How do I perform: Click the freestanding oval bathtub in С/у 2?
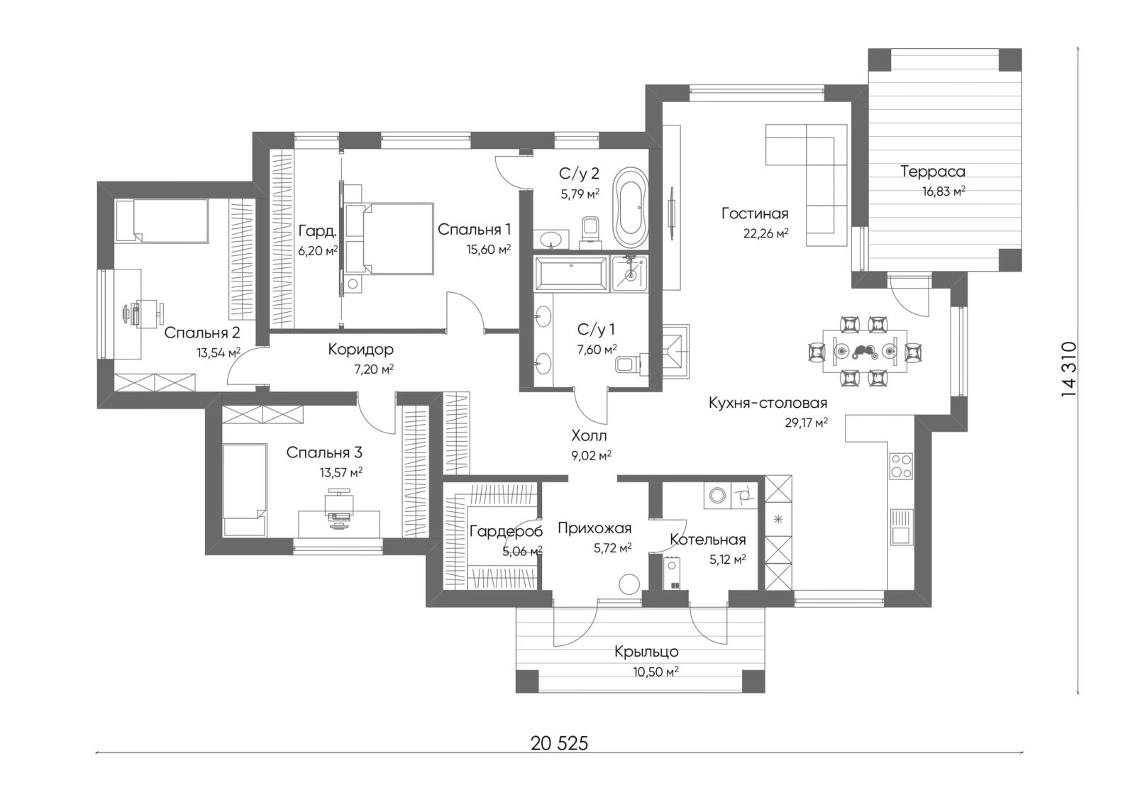(631, 207)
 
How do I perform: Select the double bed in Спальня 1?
(389, 239)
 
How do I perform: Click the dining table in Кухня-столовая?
(865, 350)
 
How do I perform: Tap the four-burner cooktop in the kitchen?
(901, 466)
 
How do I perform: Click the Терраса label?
(932, 172)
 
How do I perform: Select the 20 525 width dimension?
(560, 743)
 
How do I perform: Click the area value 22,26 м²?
(765, 233)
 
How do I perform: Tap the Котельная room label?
(708, 540)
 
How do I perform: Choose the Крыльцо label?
(646, 652)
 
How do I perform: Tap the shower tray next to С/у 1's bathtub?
(629, 274)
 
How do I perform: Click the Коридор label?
(361, 350)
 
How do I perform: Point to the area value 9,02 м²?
(592, 455)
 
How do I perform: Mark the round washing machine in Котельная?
(717, 495)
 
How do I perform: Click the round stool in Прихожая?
(629, 584)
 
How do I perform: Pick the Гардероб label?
(506, 531)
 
